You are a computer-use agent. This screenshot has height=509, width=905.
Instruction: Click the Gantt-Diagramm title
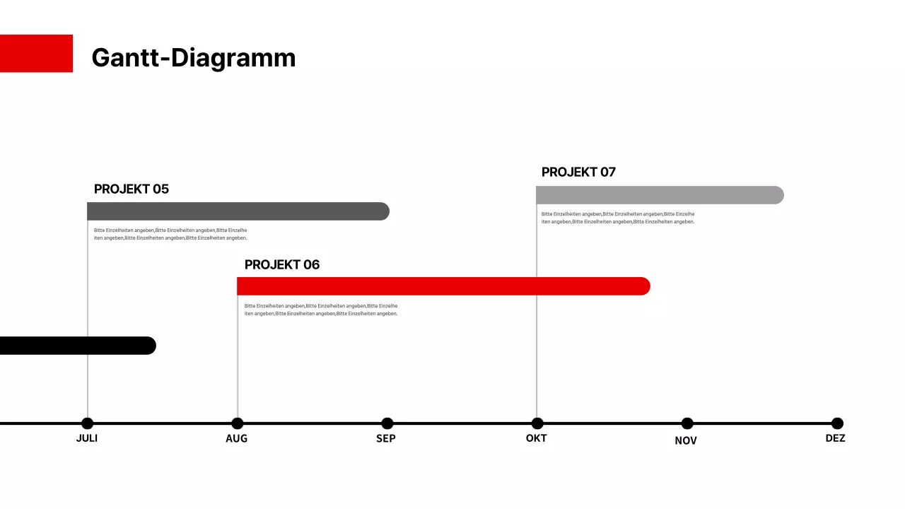193,57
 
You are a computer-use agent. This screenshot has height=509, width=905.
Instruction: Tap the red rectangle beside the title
36,53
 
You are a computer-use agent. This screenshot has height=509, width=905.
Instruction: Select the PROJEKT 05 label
132,189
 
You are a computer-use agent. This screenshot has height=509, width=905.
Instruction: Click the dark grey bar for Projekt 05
238,211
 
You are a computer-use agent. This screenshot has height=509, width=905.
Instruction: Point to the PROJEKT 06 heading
282,264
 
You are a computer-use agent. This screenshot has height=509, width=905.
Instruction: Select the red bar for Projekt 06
443,286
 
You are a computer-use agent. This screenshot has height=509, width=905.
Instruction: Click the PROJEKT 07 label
578,172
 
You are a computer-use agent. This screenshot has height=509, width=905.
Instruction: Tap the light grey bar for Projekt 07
659,195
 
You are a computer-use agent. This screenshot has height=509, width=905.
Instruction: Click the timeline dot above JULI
87,423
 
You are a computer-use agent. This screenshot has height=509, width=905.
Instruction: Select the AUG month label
237,438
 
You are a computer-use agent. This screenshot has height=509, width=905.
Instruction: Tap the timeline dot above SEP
387,423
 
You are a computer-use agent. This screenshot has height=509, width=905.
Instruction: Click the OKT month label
536,438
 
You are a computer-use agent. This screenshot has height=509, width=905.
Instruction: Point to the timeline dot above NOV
687,423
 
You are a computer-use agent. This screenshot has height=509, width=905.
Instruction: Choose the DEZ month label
835,438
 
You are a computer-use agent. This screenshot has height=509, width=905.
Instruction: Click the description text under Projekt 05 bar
170,234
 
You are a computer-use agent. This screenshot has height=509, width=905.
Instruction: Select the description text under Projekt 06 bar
321,310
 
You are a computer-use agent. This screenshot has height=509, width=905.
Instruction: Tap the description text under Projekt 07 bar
618,218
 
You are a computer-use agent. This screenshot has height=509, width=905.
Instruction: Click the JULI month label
87,438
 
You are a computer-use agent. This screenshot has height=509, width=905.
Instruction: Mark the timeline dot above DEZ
837,423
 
